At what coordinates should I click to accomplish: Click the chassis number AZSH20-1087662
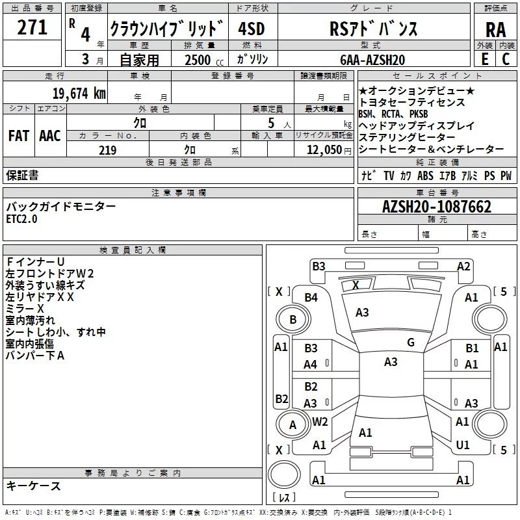[436, 207]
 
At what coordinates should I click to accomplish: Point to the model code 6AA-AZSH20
[373, 59]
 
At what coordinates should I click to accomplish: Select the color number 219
[107, 150]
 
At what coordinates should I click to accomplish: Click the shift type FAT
[18, 136]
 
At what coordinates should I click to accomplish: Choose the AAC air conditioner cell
[49, 136]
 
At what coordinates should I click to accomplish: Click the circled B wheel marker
[292, 319]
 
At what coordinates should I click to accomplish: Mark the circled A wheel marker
[292, 425]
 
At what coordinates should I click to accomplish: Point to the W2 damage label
[319, 421]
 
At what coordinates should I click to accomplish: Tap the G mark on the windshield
[411, 342]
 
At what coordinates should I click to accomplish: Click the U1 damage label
[463, 445]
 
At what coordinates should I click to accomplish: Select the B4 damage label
[311, 297]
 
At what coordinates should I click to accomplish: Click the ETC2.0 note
[22, 219]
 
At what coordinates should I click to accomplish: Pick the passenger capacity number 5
[270, 122]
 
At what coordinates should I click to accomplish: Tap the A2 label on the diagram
[463, 266]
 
